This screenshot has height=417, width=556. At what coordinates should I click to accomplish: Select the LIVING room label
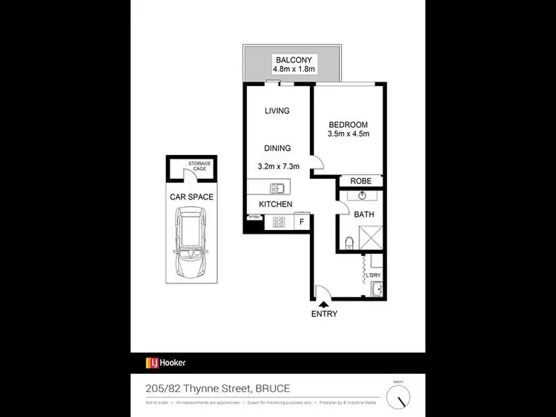pos(277,111)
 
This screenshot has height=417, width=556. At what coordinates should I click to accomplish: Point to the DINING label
pos(277,148)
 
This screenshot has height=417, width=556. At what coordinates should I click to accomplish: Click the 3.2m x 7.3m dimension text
pos(277,167)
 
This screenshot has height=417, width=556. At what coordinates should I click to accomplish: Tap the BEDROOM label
pos(348,124)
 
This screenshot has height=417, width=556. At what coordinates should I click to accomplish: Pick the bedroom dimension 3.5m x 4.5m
pos(348,134)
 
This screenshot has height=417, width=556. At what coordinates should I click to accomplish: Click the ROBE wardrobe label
pos(361,181)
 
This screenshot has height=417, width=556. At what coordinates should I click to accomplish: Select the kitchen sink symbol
pos(277,188)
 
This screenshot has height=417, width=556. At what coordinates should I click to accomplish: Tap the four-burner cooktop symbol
pos(280,221)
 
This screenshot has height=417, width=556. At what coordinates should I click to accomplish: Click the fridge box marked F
pos(302,221)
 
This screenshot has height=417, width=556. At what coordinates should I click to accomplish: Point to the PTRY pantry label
pos(254,217)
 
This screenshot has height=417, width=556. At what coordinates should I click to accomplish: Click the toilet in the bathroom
pos(348,242)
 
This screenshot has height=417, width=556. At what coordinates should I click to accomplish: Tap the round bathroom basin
pos(362,197)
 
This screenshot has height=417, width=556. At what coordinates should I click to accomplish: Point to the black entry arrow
pos(323,303)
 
